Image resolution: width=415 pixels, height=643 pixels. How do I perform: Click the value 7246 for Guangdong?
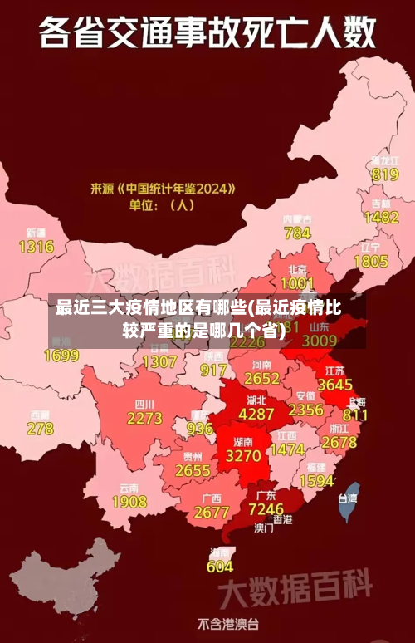tap(266, 508)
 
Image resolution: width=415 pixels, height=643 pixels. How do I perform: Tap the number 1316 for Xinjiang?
tap(36, 246)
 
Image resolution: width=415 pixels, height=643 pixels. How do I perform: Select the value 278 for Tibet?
tap(40, 429)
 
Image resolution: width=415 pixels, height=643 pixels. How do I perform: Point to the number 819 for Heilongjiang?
tap(384, 174)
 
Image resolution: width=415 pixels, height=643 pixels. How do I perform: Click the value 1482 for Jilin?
tap(381, 217)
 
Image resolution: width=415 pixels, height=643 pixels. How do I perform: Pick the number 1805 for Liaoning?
tap(370, 261)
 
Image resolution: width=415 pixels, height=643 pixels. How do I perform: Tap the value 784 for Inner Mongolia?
tap(297, 233)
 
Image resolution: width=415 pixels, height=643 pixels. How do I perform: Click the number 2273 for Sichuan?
tap(144, 419)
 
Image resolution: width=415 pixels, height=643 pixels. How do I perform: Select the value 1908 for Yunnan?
tap(129, 502)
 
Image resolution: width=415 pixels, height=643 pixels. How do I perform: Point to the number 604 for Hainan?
tap(220, 567)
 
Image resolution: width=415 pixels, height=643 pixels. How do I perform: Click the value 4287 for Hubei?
tap(256, 413)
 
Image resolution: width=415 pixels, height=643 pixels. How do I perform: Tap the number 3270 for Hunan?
tap(243, 456)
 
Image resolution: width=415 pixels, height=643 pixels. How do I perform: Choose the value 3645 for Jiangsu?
tap(335, 385)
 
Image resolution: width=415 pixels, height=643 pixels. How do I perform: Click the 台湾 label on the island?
tap(347, 498)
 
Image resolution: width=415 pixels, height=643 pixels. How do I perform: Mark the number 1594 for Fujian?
tap(316, 480)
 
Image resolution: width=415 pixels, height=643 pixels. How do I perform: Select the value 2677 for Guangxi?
tap(211, 513)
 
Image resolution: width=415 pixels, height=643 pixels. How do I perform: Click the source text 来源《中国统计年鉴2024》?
tap(163, 189)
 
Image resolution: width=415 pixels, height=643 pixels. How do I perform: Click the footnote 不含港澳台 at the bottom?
tap(227, 623)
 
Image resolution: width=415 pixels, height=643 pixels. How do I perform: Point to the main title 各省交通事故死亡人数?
tap(207, 35)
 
